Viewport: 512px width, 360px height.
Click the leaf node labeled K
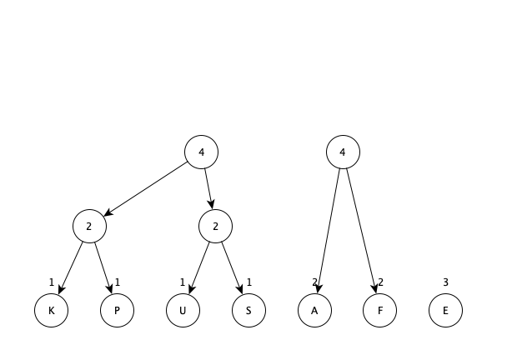click(51, 310)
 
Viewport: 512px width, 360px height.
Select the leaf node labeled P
click(118, 310)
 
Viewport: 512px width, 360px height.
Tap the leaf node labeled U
click(183, 310)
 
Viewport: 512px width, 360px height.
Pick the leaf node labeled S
click(248, 310)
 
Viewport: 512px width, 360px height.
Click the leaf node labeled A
click(314, 310)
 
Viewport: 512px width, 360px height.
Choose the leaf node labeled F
click(379, 310)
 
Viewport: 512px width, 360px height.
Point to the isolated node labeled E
click(446, 310)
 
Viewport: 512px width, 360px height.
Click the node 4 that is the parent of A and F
click(343, 152)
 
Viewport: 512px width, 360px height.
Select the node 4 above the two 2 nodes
click(201, 152)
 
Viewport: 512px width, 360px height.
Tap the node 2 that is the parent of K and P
click(89, 226)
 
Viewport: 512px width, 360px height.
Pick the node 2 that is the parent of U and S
click(215, 226)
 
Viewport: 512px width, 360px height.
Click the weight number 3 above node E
click(446, 282)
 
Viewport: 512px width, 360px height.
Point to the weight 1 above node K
click(51, 282)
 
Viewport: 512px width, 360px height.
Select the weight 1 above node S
click(249, 282)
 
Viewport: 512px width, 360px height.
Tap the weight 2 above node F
click(380, 282)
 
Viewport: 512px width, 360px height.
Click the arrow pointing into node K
click(71, 268)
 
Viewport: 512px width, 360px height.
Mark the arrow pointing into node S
click(232, 268)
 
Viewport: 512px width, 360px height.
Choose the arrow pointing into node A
click(329, 231)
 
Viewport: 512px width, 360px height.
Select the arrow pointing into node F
click(361, 231)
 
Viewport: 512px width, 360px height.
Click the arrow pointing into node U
click(199, 268)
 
